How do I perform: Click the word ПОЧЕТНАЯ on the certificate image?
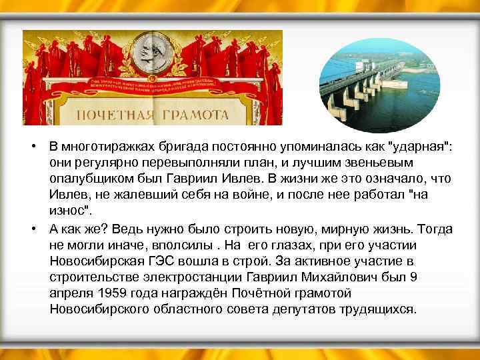[x=114, y=115]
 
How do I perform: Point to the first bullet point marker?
[x=33, y=147]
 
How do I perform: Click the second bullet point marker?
[x=33, y=229]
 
